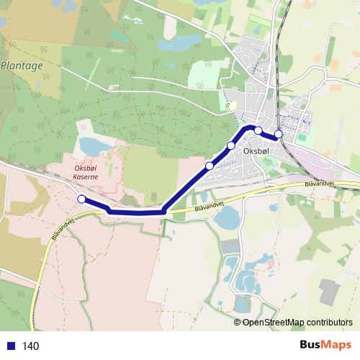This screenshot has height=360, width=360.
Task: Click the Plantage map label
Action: pos(22,65)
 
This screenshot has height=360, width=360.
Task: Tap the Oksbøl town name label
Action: pos(256,151)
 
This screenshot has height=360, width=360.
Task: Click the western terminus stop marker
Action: pos(81,199)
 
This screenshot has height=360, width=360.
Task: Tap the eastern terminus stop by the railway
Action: pos(278,134)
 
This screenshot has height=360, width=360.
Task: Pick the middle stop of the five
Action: pos(231,146)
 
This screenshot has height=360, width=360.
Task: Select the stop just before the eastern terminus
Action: pos(258,130)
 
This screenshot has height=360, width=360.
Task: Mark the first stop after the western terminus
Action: pos(209,166)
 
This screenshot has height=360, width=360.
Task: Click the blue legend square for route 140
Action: pos(10,346)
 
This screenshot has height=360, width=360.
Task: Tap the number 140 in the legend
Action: pos(31,346)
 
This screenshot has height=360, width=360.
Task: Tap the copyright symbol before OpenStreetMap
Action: pos(238,322)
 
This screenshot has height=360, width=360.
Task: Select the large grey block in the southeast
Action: pos(332,292)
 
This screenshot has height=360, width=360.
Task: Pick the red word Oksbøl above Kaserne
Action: pos(86,170)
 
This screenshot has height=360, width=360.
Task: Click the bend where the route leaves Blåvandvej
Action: pos(165,212)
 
